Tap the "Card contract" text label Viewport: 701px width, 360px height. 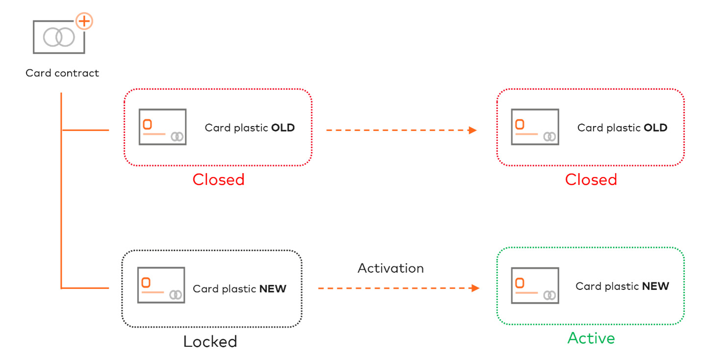[62, 73]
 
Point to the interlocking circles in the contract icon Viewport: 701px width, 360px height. [59, 37]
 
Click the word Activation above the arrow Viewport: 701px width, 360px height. [390, 268]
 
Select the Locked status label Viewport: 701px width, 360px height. [210, 341]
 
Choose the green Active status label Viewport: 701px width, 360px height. [591, 338]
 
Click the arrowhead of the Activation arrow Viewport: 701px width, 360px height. [475, 288]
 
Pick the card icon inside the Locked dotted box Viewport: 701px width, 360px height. [161, 285]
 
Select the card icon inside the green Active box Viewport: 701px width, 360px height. [535, 285]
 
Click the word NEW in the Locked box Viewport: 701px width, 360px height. [273, 289]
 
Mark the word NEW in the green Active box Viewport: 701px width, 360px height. [655, 286]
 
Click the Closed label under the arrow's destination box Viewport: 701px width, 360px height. [591, 180]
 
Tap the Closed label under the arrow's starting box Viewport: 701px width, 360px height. [218, 180]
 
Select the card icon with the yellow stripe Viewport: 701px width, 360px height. [535, 127]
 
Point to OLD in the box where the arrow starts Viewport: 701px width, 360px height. [283, 128]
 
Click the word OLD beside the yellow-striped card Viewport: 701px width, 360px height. [655, 128]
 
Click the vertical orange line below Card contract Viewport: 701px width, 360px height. [61, 196]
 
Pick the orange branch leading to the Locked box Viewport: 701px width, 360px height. [86, 288]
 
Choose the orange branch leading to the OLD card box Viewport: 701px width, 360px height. [86, 130]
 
